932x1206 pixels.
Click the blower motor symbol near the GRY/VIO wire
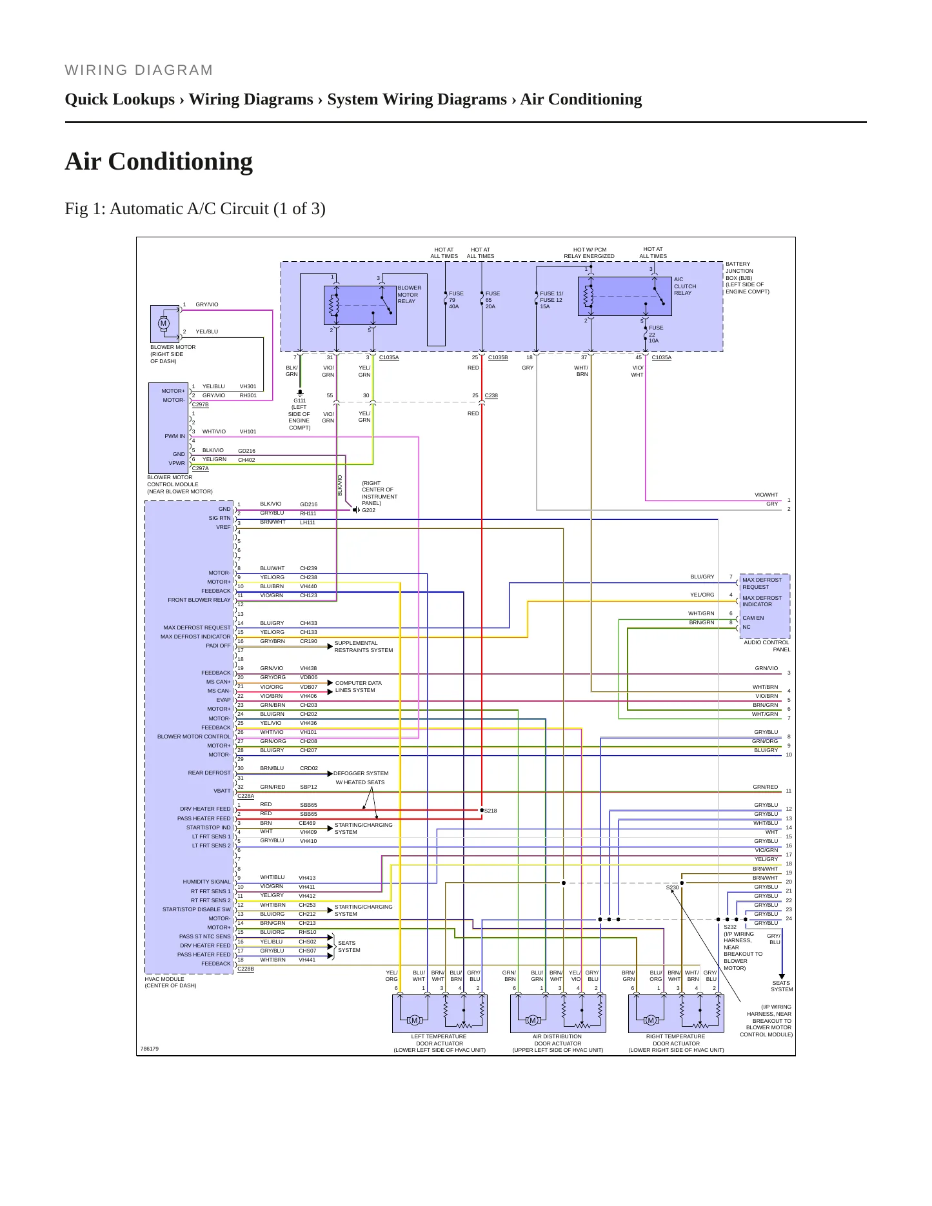pos(163,323)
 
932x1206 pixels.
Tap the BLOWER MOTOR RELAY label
pos(410,295)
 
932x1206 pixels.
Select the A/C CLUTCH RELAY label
pos(685,286)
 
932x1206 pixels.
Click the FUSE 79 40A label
pos(456,300)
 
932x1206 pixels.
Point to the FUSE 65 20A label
pos(492,300)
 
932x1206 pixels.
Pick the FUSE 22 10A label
pos(656,334)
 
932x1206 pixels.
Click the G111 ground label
pos(299,400)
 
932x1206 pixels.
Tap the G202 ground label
pos(368,510)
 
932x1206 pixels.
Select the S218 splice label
pos(490,811)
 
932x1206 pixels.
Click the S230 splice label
pos(672,887)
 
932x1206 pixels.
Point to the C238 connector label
pos(491,395)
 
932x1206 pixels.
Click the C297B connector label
pos(200,404)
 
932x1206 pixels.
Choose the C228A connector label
pos(246,796)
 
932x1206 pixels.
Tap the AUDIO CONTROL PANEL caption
pos(767,646)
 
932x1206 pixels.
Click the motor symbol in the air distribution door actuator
pos(532,1020)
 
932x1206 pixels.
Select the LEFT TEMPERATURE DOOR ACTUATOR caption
pos(439,1040)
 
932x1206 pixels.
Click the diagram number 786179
pos(150,1049)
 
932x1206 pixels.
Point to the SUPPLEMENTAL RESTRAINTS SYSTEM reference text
pos(364,646)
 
